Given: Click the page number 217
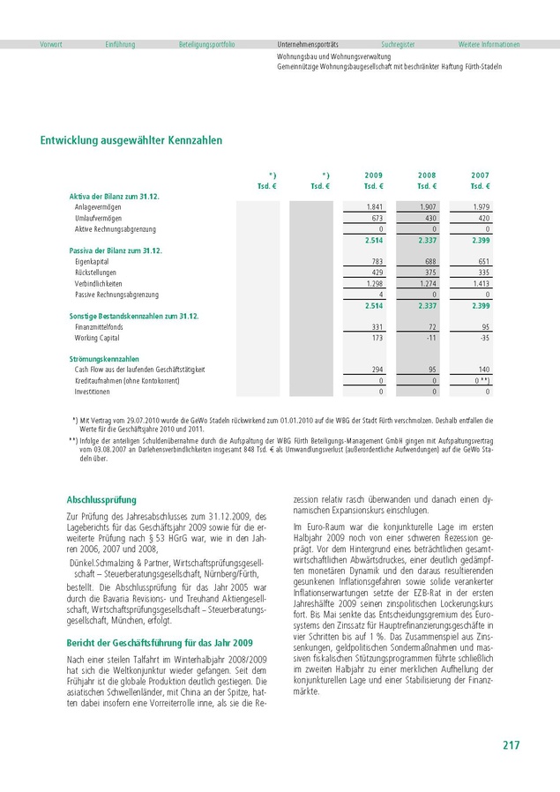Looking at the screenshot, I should point(511,745).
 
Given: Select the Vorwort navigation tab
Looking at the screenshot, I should point(51,44).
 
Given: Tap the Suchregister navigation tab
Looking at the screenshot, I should point(398,44).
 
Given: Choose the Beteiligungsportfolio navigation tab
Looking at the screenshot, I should point(206,44).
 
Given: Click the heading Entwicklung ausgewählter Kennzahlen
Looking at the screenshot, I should point(131,140).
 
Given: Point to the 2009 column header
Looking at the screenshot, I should point(374,176).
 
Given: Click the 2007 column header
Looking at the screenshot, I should point(480,176).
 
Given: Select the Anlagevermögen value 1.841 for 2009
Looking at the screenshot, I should point(373,205).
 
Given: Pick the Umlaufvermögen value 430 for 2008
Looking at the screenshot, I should point(429,217).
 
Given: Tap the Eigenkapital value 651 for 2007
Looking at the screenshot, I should point(482,262).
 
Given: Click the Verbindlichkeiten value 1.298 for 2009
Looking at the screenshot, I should point(373,284).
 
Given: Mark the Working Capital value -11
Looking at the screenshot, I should point(430,338).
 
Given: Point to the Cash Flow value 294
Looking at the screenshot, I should point(376,370).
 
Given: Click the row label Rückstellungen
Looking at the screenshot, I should point(96,273).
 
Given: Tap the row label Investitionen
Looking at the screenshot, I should point(93,392).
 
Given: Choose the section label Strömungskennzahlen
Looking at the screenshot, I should point(104,359).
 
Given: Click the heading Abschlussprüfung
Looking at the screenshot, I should point(101,499).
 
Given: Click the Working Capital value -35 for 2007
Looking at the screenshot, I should point(482,338).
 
